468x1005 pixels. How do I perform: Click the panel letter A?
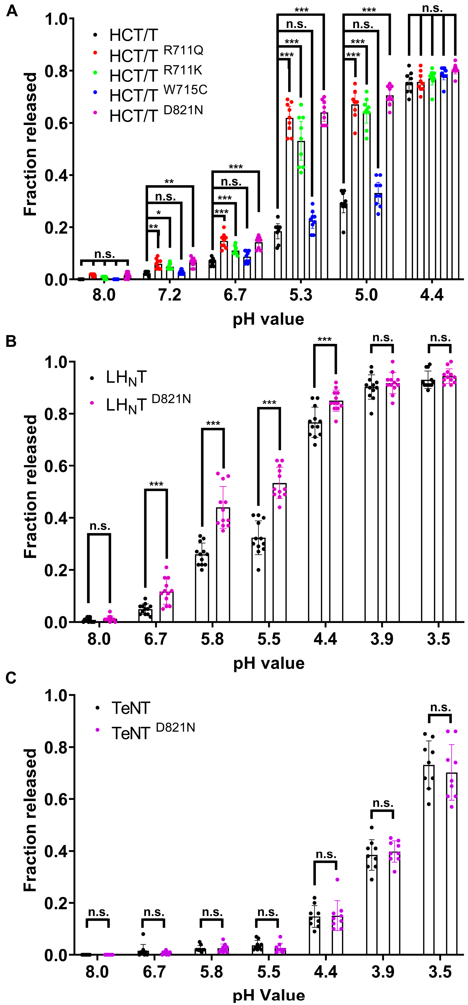[x=12, y=11]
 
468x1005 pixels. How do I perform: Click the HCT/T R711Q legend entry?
[x=156, y=55]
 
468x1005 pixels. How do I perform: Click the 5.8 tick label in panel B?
[x=212, y=639]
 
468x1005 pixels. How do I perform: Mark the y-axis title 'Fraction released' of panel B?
[x=30, y=486]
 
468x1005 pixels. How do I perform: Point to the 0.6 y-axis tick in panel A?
[x=57, y=123]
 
